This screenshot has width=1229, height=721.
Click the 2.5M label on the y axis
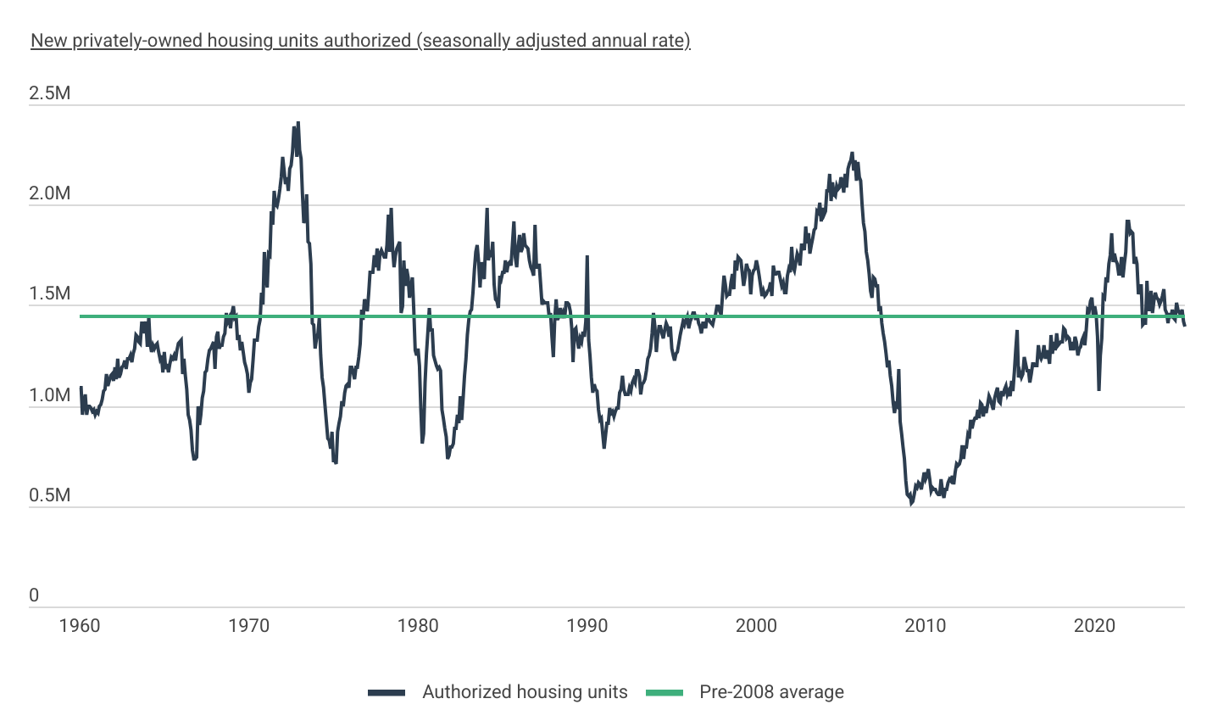click(50, 93)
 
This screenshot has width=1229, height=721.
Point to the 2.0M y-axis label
click(50, 193)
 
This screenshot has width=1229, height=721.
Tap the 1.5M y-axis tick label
click(50, 294)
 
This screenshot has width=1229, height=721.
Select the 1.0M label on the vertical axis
click(50, 395)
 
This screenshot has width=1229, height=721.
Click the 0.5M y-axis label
click(50, 495)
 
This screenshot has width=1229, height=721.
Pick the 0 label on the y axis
click(34, 595)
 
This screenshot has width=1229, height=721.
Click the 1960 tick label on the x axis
click(80, 626)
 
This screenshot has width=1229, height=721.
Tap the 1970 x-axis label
click(249, 626)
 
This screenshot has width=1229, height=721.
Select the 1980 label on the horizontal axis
click(418, 626)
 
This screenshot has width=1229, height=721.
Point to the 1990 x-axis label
click(587, 626)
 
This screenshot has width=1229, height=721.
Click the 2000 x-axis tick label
click(756, 626)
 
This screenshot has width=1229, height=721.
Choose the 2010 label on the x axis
click(926, 626)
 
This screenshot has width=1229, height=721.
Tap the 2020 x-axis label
click(1094, 626)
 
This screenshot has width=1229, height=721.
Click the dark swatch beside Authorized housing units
click(386, 693)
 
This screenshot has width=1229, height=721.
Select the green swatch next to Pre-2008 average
click(665, 693)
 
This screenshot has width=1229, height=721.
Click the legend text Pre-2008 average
click(771, 692)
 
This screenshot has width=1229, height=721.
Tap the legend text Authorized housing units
click(525, 692)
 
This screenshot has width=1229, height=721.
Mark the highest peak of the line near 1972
click(298, 123)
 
